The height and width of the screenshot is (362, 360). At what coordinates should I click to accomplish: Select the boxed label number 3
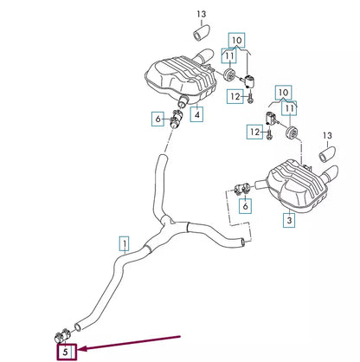tap(289, 221)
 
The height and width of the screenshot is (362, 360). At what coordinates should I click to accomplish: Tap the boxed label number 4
tap(198, 114)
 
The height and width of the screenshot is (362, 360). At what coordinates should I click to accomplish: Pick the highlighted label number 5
tap(67, 352)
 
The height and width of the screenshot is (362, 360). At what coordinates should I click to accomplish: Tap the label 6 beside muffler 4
tap(157, 118)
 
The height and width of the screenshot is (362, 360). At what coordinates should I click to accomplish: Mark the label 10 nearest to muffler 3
tap(282, 90)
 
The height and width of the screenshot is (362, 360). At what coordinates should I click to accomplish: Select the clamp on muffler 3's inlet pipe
tap(244, 184)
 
